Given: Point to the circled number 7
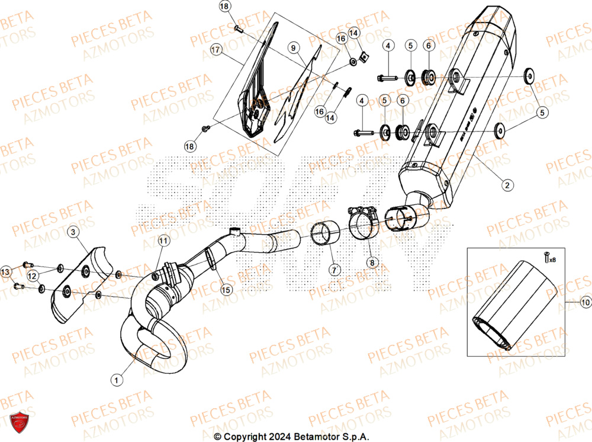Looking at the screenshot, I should tap(334, 270).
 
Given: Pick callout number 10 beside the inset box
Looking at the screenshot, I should tap(585, 303).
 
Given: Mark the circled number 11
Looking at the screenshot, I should tap(163, 240).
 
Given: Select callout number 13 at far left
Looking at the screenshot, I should tap(6, 271).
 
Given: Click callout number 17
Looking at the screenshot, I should tap(216, 52).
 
